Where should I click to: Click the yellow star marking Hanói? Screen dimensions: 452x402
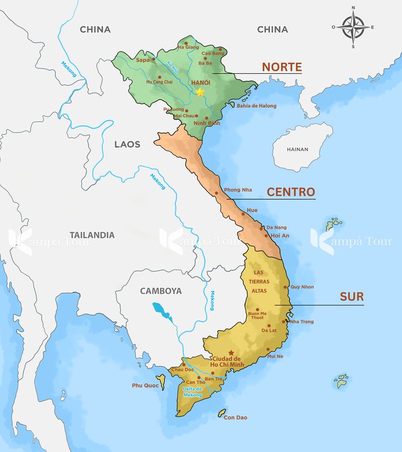coord(200,92)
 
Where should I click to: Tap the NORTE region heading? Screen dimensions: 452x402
coord(281,67)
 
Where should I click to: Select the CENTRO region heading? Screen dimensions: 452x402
coord(290,192)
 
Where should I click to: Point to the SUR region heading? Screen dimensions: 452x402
coord(352,296)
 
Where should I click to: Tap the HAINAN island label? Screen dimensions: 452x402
coord(297,149)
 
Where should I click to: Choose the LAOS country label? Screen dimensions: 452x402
coord(127,144)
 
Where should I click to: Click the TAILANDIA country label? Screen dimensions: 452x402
coord(92,235)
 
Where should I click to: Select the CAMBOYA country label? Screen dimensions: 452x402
coord(161,291)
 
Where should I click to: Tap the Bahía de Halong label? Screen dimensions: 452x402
coord(257,106)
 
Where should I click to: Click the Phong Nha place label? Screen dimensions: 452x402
coord(238,190)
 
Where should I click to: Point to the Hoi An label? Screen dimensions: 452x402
coord(280,235)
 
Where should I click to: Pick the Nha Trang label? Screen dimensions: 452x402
coord(301,322)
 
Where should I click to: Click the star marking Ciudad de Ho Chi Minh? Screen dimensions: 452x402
coord(231,353)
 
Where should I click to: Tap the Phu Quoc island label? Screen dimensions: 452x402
coord(145,385)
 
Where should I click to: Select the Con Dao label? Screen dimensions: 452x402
coord(235,417)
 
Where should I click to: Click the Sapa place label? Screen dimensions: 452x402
coord(143,60)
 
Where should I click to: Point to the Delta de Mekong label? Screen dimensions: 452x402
coord(192,392)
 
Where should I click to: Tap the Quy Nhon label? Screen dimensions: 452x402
coord(302,287)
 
